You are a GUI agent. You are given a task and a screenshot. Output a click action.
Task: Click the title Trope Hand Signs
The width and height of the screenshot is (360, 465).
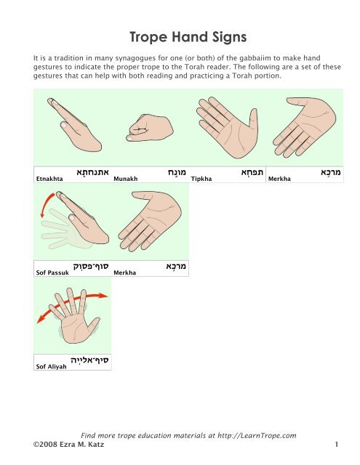(x=180, y=36)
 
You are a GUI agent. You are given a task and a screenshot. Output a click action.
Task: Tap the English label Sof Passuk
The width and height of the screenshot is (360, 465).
(x=52, y=273)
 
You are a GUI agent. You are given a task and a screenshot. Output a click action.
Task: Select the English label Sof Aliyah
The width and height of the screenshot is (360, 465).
(x=51, y=367)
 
